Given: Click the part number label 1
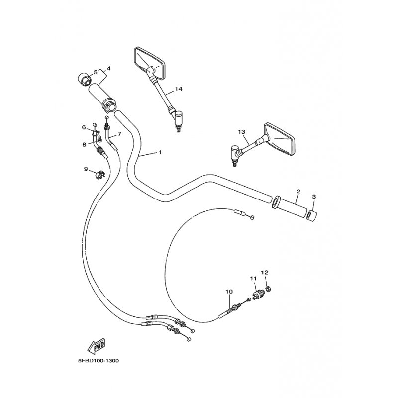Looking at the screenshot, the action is point(160,152).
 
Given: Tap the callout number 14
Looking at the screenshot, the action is point(179,89).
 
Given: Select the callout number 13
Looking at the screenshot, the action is point(242,132).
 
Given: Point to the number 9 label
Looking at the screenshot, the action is point(86,169).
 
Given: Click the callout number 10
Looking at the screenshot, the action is point(229,292).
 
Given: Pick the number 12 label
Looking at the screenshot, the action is point(265,272).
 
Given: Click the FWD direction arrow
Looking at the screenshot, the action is point(97,346).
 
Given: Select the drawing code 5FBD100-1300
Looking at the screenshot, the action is point(99,361).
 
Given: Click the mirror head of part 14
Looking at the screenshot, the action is point(149,63).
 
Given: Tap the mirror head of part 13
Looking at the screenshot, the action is point(279,139).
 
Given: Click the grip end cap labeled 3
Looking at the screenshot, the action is point(312,215).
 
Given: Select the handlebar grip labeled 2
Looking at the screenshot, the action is point(290,206).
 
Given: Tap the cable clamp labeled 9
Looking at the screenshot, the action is point(100,175).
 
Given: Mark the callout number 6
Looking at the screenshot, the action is point(84,127).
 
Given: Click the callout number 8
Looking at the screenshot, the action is point(84,145).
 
